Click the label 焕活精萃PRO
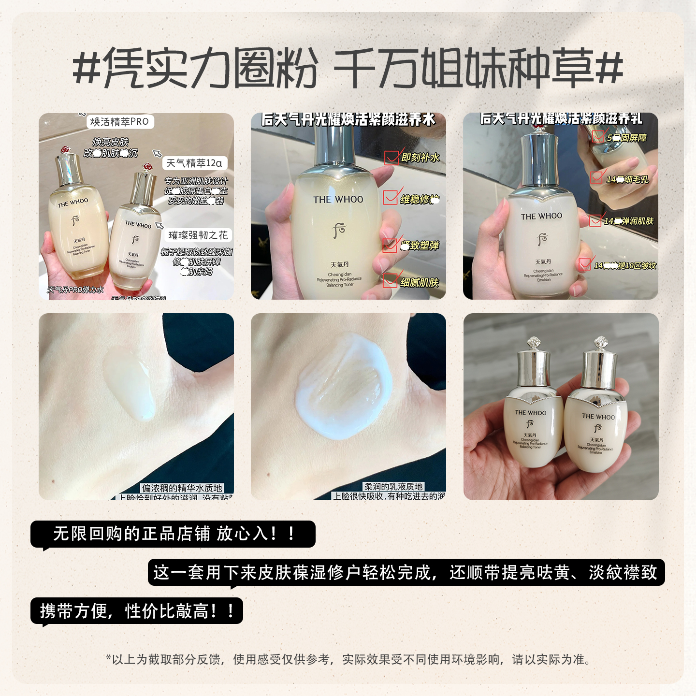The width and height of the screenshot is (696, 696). point(120,122)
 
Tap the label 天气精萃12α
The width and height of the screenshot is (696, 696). point(194,163)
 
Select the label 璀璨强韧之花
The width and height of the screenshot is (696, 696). point(198,235)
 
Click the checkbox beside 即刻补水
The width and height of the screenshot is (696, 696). point(391,158)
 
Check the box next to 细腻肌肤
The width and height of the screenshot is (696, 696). point(390,281)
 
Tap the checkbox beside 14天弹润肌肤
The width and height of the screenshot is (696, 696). point(596,220)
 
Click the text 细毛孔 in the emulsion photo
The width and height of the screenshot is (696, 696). point(637,179)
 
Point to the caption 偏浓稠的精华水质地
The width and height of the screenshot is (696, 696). point(182,488)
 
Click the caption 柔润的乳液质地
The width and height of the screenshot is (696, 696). point(393,487)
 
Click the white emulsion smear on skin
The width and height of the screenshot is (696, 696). point(344,387)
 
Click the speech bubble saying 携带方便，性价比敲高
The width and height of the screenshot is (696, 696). point(137,611)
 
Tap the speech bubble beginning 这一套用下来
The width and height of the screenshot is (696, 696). point(406,573)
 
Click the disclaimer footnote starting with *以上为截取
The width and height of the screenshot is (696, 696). point(348,659)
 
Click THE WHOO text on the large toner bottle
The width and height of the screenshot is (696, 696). point(338,200)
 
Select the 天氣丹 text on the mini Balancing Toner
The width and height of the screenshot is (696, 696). point(530,435)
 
